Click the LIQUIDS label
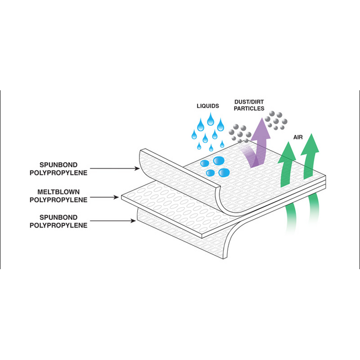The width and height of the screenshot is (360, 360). pos(208,106)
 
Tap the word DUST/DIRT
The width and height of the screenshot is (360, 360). pos(249,102)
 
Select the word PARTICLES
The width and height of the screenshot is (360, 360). pos(249,109)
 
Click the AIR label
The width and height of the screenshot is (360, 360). pos(298,137)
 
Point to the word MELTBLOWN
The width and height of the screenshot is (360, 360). pos(58,192)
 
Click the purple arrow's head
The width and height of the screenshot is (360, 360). pos(261,128)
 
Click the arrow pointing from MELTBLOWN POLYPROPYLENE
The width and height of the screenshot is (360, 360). pos(104,197)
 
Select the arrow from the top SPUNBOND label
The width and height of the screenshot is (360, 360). pos(115,168)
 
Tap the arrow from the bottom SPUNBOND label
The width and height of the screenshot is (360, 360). pos(113,221)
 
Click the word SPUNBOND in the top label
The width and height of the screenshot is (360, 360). pos(58,165)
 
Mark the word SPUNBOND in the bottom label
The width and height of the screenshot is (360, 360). pos(58,218)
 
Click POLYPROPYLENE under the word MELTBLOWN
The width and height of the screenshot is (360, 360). pos(58,200)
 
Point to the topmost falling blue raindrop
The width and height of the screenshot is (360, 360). pos(210,120)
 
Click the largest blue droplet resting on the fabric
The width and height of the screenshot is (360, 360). pos(219,161)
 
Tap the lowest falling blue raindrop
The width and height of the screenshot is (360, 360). pos(211,148)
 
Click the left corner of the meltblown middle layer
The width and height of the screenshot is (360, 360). pos(121,198)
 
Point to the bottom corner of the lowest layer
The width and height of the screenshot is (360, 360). pos(224,259)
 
